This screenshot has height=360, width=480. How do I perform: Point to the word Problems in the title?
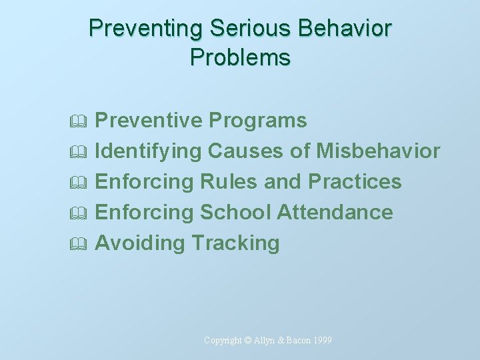tap(240, 58)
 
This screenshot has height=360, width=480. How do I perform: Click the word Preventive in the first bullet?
tap(149, 121)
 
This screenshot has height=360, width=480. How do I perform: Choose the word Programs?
tap(257, 121)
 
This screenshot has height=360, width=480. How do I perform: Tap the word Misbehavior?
tap(378, 151)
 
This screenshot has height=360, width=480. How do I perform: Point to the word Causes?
tap(246, 151)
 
